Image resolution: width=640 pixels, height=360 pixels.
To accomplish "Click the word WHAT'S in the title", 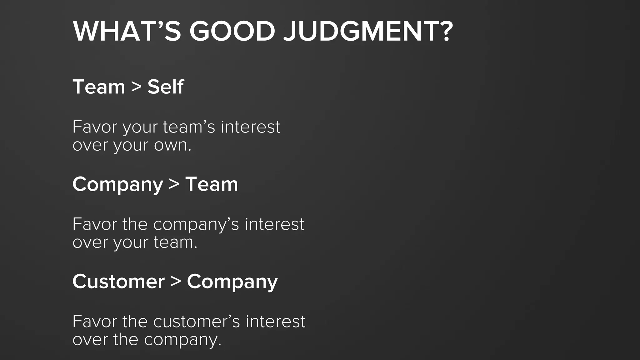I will (127, 31).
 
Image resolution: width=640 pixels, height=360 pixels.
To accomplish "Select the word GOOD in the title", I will (232, 31).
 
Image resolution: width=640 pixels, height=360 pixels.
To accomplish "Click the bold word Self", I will (166, 87).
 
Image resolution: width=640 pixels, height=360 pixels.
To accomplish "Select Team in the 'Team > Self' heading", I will (99, 87).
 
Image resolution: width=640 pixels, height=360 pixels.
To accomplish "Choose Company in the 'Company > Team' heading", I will (118, 184).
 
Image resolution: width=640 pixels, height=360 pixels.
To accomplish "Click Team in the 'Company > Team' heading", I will (212, 184).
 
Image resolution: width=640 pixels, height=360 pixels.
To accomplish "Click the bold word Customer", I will (118, 282).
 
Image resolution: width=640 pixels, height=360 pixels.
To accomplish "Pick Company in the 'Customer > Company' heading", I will (232, 282).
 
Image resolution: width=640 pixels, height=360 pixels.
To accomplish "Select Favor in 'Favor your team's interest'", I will (95, 127).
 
